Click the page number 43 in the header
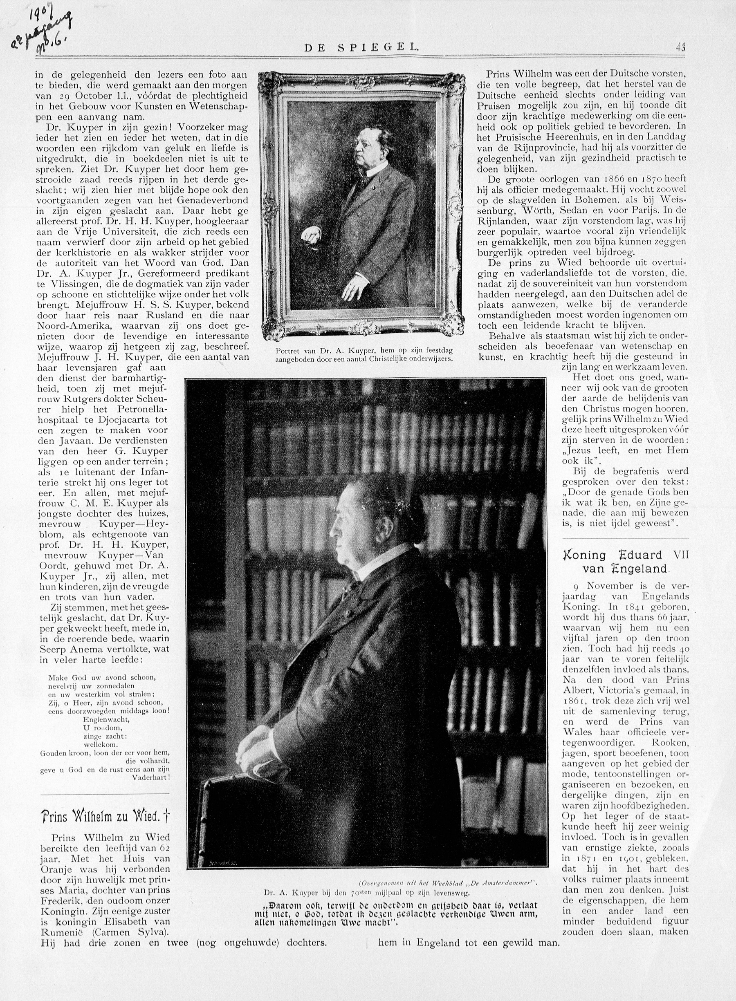(x=681, y=47)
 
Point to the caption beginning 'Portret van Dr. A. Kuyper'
(x=364, y=355)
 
